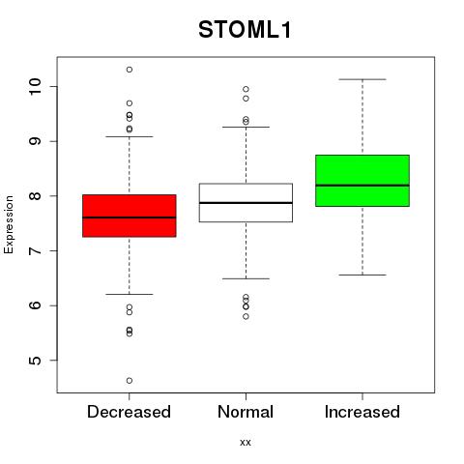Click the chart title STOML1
tap(245, 30)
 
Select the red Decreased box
tap(130, 216)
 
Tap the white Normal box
tap(246, 203)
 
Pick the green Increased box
tap(362, 181)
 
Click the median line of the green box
tap(362, 186)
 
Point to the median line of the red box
tap(130, 217)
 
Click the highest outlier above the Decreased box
tap(130, 70)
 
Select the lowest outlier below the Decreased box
tap(130, 381)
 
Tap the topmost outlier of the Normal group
tap(246, 89)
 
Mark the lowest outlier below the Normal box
tap(246, 316)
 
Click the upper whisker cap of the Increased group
tap(362, 79)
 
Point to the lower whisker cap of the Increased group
tap(362, 275)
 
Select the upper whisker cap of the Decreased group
tap(130, 136)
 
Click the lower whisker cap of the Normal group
tap(246, 278)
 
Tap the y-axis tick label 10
tap(35, 86)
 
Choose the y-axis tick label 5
tap(35, 361)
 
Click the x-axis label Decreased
tap(129, 412)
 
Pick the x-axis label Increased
tap(362, 412)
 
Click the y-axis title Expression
tap(9, 224)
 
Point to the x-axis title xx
tap(246, 443)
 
